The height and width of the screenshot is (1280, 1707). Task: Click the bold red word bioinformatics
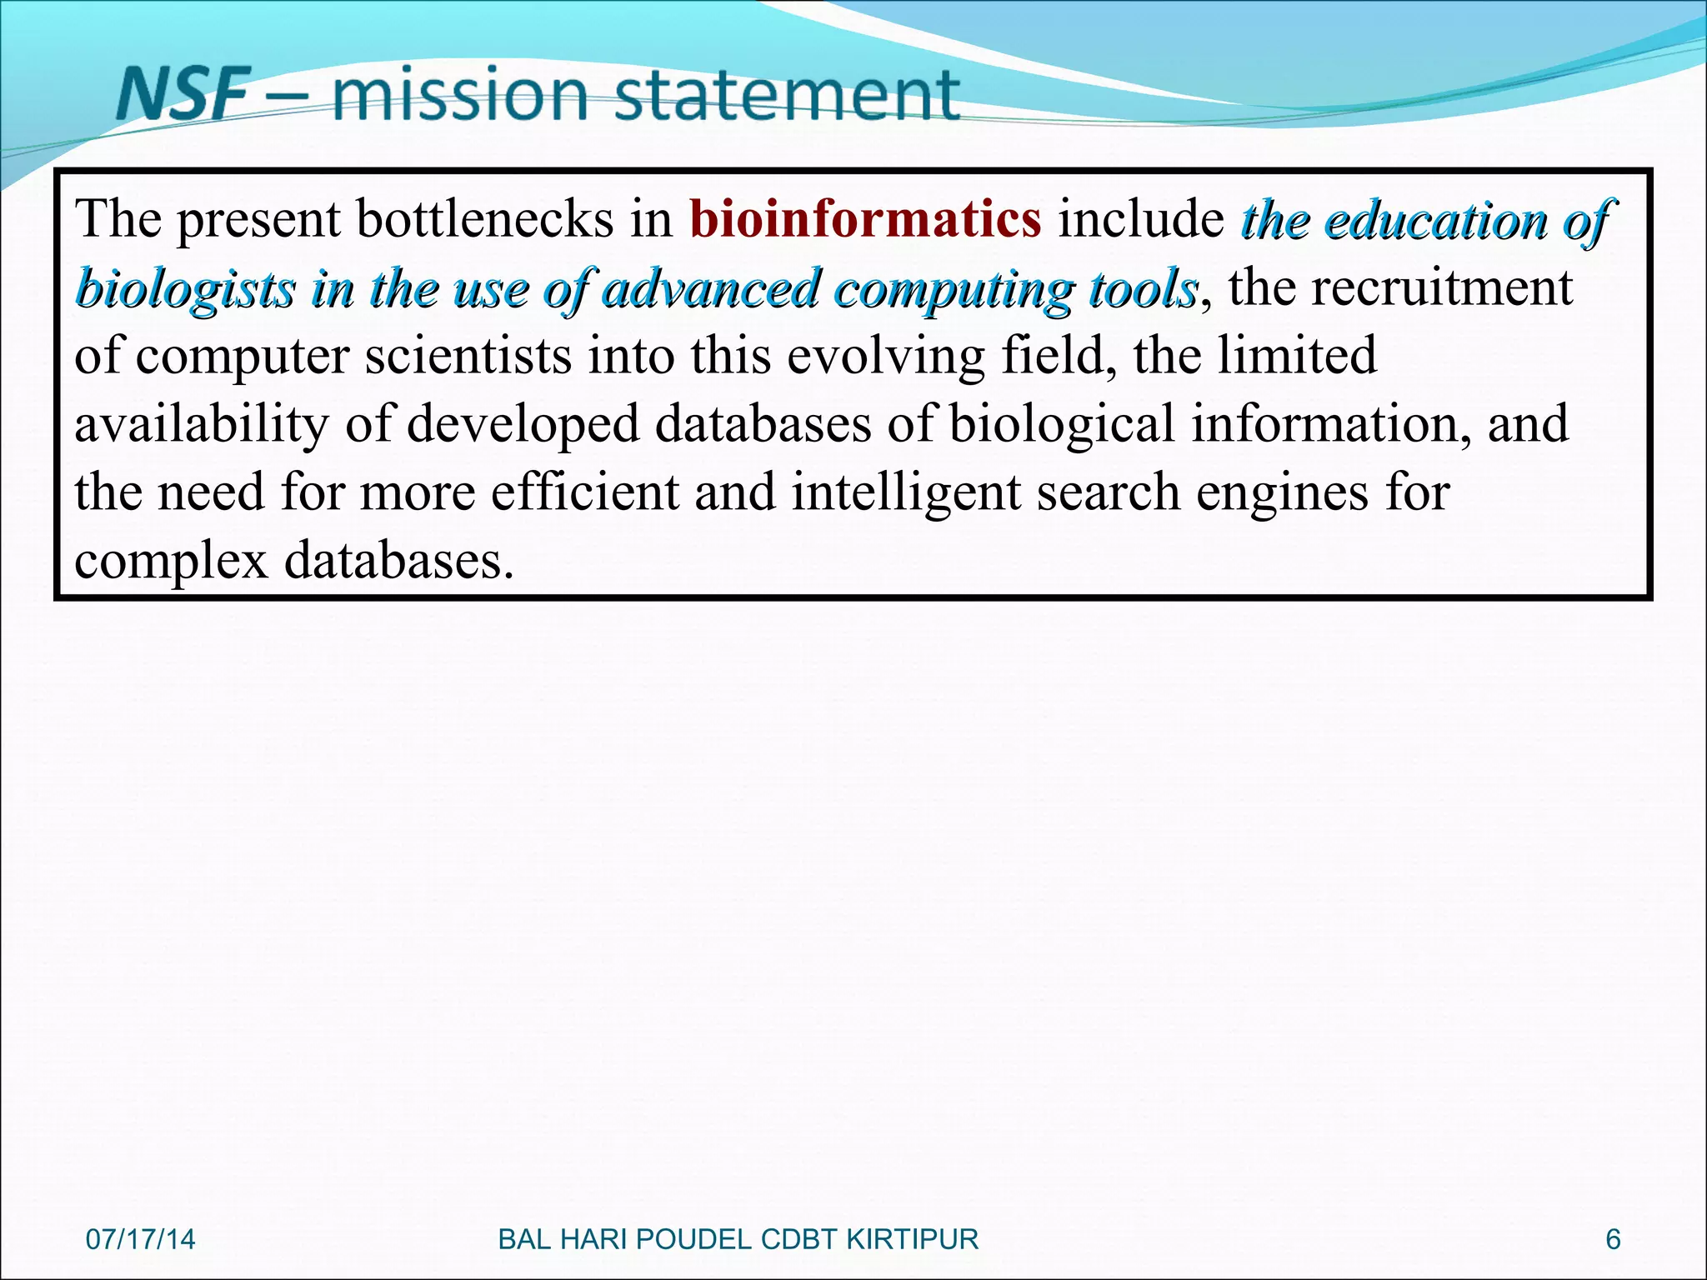pyautogui.click(x=865, y=219)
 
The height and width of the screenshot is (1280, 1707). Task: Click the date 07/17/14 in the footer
pyautogui.click(x=140, y=1239)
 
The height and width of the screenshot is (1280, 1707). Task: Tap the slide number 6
pyautogui.click(x=1613, y=1239)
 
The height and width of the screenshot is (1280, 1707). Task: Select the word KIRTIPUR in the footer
pyautogui.click(x=912, y=1239)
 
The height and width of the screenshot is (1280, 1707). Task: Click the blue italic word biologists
pyautogui.click(x=185, y=289)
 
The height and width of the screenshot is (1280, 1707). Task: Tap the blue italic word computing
pyautogui.click(x=954, y=289)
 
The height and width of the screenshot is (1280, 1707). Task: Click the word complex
pyautogui.click(x=171, y=560)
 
